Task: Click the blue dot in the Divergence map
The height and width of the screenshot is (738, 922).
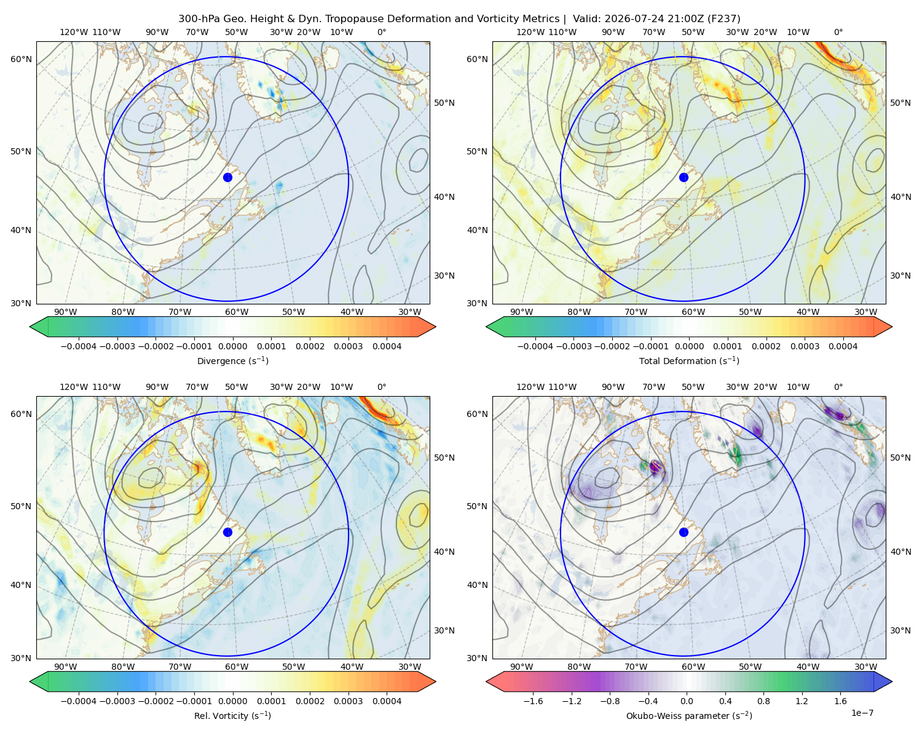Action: [x=227, y=178]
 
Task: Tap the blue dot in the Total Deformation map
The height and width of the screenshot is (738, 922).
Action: [x=684, y=178]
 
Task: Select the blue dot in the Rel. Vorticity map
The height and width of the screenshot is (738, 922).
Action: [x=227, y=532]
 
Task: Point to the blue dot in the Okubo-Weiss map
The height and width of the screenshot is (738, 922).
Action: [x=684, y=532]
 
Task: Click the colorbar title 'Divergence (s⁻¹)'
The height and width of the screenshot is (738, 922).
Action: [x=232, y=361]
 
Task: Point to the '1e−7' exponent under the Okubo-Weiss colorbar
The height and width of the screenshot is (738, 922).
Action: [x=862, y=713]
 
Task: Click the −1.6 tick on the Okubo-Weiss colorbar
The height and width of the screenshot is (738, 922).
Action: [x=533, y=701]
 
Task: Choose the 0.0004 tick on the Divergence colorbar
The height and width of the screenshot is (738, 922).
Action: [x=387, y=346]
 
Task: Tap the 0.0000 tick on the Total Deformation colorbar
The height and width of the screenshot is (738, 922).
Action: [x=689, y=346]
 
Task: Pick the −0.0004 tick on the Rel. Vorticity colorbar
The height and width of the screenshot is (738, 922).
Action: [x=79, y=701]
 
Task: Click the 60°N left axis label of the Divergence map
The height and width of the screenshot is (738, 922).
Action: [x=21, y=59]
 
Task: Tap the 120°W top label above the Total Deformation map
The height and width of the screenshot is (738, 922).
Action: [x=530, y=32]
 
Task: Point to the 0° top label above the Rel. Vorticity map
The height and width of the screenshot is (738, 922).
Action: [x=382, y=387]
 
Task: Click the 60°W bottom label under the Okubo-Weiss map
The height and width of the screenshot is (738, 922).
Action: [x=693, y=667]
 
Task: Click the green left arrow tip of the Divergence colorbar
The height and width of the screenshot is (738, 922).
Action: [x=30, y=327]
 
